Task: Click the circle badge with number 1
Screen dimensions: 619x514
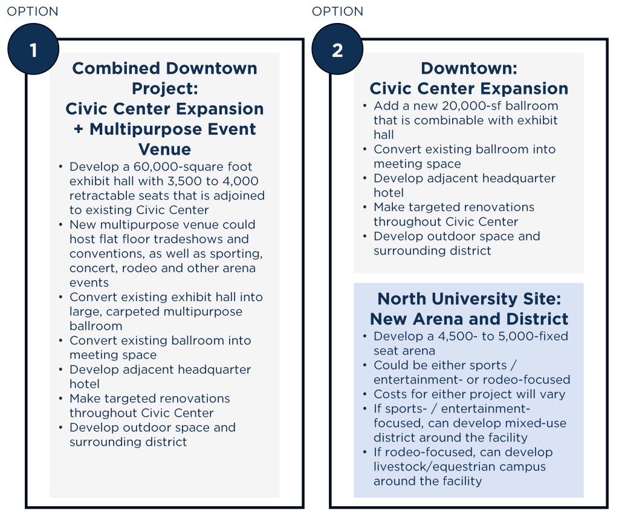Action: pyautogui.click(x=33, y=49)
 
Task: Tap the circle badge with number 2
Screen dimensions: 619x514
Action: pyautogui.click(x=337, y=49)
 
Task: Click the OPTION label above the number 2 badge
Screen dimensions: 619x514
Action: pyautogui.click(x=337, y=11)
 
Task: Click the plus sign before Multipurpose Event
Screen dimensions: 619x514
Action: pyautogui.click(x=79, y=129)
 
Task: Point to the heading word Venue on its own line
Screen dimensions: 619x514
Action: pyautogui.click(x=164, y=149)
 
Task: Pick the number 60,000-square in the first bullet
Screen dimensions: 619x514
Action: pyautogui.click(x=180, y=166)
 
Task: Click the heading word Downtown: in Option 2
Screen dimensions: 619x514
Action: pyautogui.click(x=469, y=68)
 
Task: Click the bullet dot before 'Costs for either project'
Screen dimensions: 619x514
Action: pyautogui.click(x=365, y=394)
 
